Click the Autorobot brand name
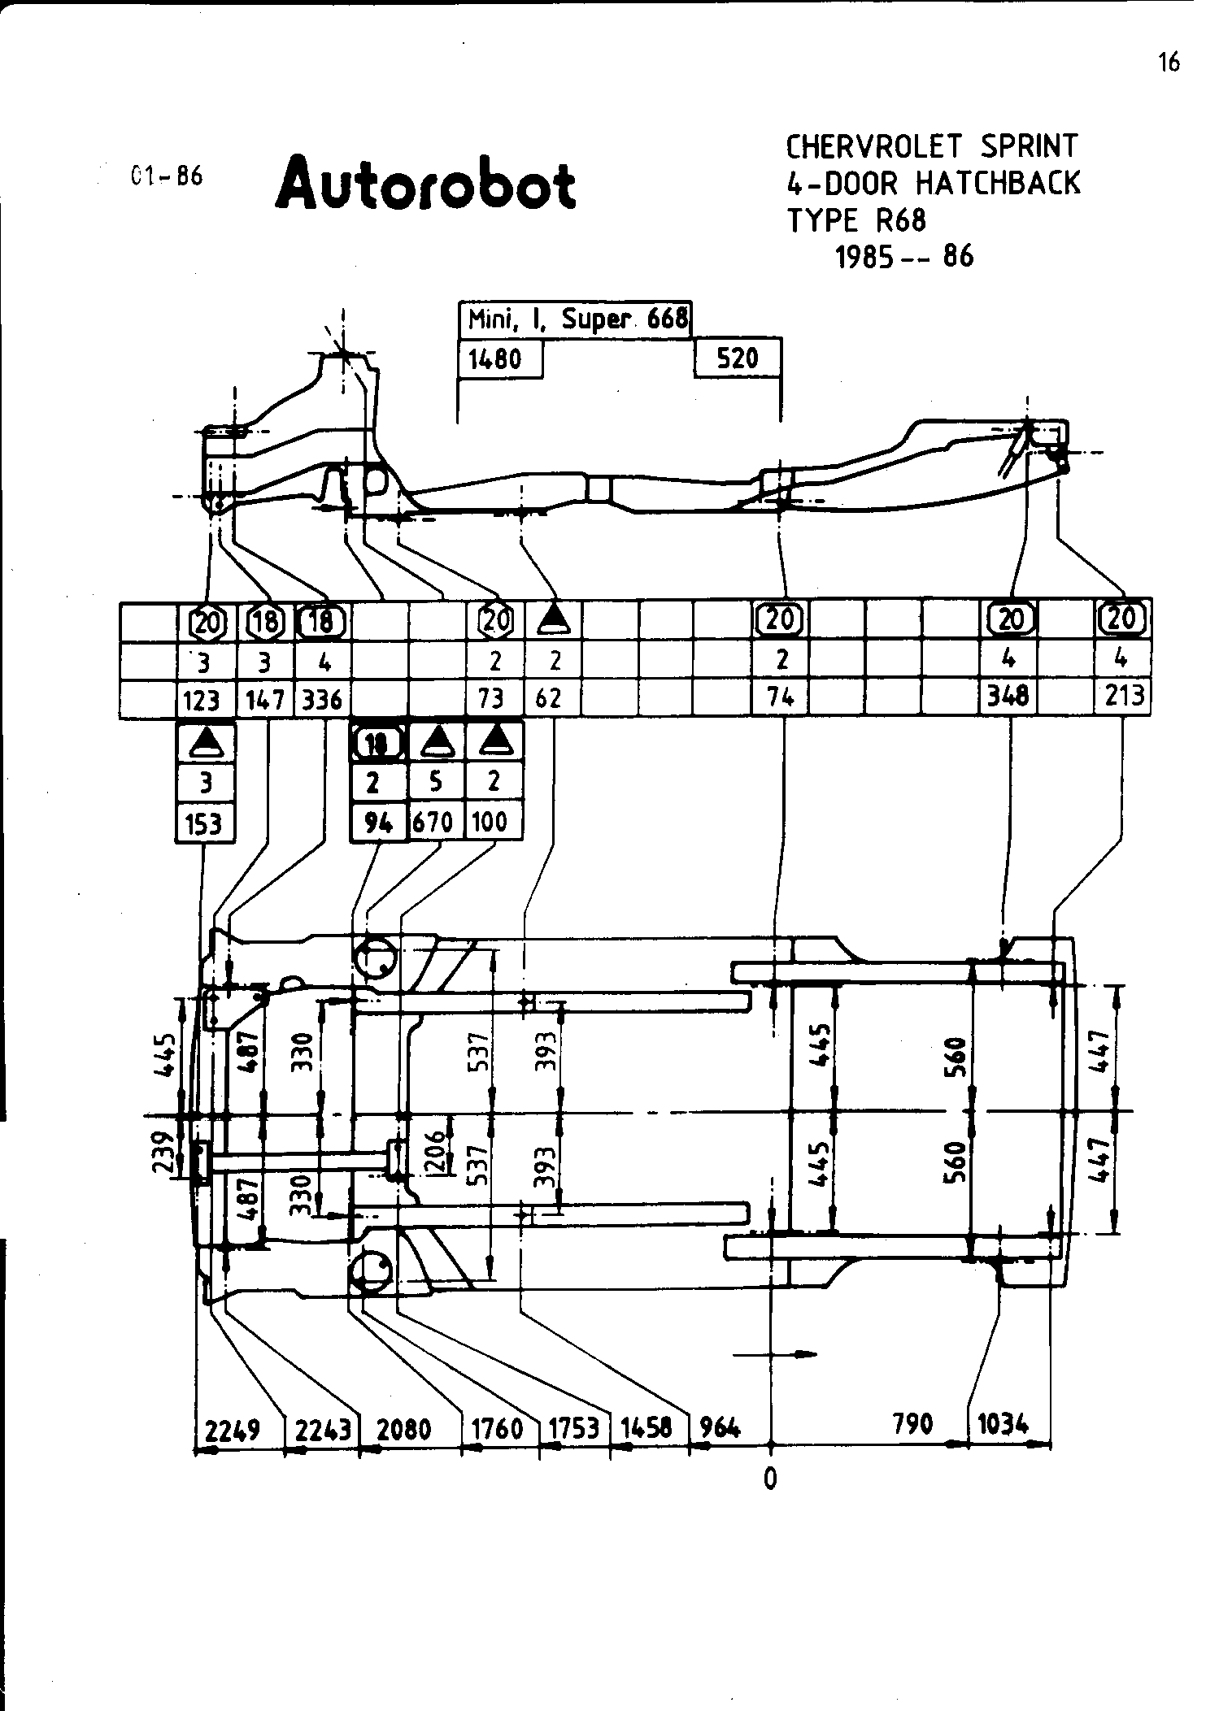coord(426,183)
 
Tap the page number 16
coord(1169,63)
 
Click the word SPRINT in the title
coord(1029,146)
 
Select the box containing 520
coord(738,358)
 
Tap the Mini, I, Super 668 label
coord(576,319)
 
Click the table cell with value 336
coord(322,699)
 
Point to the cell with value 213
coord(1124,696)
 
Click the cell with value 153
coord(204,823)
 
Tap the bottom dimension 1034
coord(1002,1423)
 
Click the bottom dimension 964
coord(720,1427)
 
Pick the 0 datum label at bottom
coord(770,1478)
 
